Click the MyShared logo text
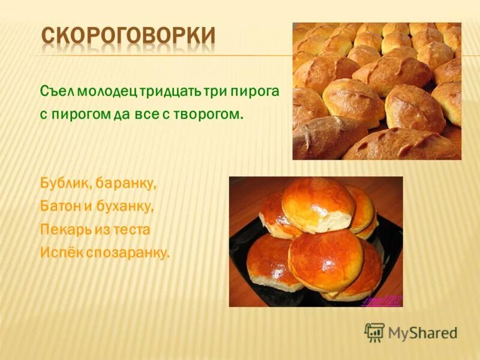point(422,332)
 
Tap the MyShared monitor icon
point(374,332)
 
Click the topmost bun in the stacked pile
point(318,204)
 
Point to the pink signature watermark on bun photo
point(381,300)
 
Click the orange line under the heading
point(162,56)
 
